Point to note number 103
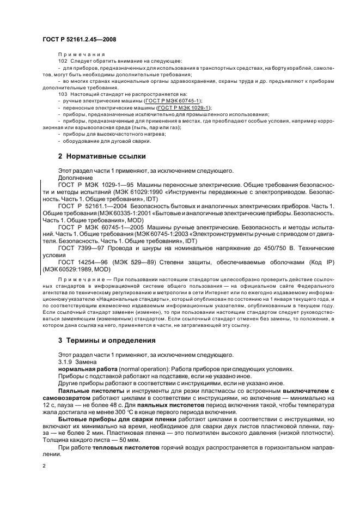pos(62,94)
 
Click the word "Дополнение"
pos(76,178)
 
